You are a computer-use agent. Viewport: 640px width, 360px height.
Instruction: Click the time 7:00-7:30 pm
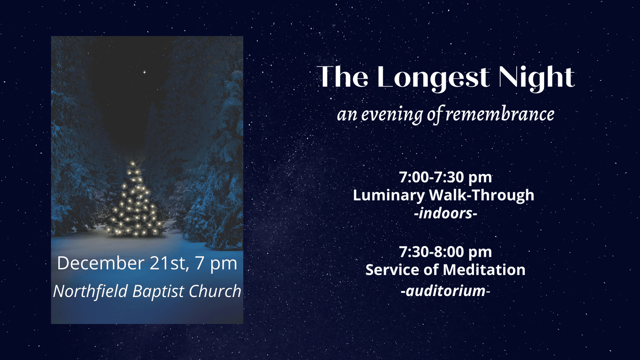[445, 177]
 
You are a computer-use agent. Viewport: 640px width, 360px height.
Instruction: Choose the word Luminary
[389, 196]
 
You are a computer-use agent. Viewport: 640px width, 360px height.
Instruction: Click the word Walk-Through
[482, 196]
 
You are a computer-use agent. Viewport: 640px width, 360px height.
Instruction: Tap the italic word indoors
[446, 213]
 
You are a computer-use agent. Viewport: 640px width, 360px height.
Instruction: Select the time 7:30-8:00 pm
[445, 252]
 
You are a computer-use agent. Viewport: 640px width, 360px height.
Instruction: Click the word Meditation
[484, 270]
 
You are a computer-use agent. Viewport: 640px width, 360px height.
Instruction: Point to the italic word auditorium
[445, 291]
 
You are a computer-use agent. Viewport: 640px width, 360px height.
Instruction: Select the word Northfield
[91, 291]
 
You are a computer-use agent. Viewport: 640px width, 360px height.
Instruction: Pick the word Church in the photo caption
[215, 291]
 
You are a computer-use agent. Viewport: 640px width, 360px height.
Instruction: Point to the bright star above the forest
[144, 72]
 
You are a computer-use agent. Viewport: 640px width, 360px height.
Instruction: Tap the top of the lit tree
[133, 162]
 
